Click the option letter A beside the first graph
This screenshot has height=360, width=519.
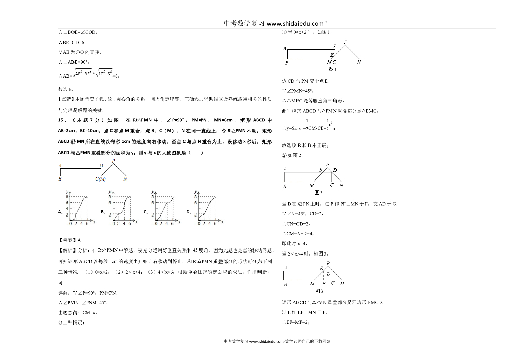click(60, 212)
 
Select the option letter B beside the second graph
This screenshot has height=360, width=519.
click(102, 212)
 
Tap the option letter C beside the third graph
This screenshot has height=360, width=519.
click(145, 212)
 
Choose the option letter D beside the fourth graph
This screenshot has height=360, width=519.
click(188, 212)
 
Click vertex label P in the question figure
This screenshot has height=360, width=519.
click(113, 161)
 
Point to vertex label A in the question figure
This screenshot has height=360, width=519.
click(60, 166)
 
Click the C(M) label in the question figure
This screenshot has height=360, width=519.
click(100, 179)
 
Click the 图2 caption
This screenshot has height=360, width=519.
click(319, 193)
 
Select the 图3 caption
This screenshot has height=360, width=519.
click(319, 291)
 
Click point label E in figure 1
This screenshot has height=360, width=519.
click(332, 53)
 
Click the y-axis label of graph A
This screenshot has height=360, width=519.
click(67, 191)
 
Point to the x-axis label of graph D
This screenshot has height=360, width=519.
click(222, 222)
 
